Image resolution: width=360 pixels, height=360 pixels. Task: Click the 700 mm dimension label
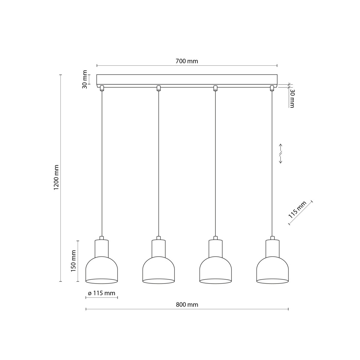[187, 61]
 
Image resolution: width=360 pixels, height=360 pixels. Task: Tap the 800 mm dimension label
[187, 305]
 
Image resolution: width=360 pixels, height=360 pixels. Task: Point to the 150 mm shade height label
[73, 261]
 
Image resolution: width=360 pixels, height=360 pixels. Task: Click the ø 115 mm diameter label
[101, 293]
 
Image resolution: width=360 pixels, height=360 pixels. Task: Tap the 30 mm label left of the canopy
[85, 79]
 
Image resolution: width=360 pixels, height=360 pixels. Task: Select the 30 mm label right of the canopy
[292, 98]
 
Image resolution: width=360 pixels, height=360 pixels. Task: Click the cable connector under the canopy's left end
[102, 88]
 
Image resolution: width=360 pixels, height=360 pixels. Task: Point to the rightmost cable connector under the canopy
[272, 88]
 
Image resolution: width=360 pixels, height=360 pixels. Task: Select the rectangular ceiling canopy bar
[187, 79]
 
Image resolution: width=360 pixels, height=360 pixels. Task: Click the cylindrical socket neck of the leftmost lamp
[102, 248]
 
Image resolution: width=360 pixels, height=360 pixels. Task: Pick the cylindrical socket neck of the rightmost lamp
[272, 248]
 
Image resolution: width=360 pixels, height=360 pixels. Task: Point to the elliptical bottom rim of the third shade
[215, 281]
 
